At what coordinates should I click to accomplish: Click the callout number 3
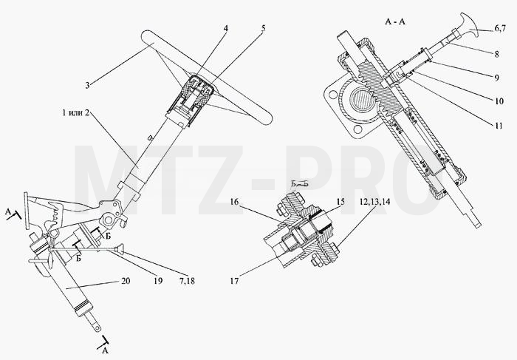pos(87,85)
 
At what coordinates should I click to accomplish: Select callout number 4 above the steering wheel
pos(225,28)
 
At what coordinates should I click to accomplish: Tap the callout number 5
pos(263,28)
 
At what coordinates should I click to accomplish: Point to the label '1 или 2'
pos(75,112)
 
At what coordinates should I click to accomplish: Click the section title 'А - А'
pos(395,21)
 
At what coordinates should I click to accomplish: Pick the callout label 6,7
pos(499,28)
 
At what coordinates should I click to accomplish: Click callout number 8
pos(496,54)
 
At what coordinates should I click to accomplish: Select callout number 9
pos(496,78)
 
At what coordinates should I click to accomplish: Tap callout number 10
pos(499,101)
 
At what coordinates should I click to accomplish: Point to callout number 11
pos(499,126)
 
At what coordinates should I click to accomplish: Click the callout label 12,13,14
pos(374,202)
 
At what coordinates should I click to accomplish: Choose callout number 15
pos(340,201)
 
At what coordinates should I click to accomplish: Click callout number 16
pos(234,201)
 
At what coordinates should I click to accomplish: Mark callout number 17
pos(234,281)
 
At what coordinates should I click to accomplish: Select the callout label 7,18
pos(186,281)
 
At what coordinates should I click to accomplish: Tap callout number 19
pos(158,281)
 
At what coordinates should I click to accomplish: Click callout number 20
pos(126,281)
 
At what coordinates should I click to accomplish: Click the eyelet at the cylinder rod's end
pos(97,328)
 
